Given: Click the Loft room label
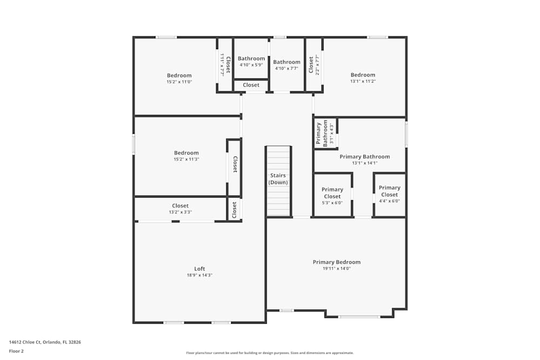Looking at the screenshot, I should [200, 269].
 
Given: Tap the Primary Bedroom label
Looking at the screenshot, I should [336, 262].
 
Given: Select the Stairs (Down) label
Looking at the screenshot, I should [278, 179].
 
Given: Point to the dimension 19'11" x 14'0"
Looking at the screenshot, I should [336, 269].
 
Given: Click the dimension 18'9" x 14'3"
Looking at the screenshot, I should [200, 275].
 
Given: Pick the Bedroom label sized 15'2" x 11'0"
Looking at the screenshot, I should [179, 76].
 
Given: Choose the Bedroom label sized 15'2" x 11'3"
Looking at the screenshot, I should [186, 153].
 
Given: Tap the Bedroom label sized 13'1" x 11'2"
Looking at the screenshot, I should [362, 75].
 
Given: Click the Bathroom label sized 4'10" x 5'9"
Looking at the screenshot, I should [251, 59].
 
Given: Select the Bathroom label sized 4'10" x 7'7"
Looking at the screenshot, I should [286, 62].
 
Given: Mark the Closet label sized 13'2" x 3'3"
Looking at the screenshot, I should [180, 206].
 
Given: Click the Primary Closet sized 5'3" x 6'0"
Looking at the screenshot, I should [332, 193].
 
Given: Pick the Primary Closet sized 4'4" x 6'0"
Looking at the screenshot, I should [389, 191].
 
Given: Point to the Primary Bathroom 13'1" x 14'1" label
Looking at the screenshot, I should [364, 157].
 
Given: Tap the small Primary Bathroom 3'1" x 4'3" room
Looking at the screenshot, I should [325, 134].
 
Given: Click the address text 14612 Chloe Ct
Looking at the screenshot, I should [45, 342].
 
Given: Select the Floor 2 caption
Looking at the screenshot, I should [16, 351].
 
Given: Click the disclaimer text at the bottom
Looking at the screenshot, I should [270, 353].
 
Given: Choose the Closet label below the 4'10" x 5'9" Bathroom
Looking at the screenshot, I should [251, 85].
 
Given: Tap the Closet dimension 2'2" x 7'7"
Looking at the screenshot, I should [317, 65].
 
